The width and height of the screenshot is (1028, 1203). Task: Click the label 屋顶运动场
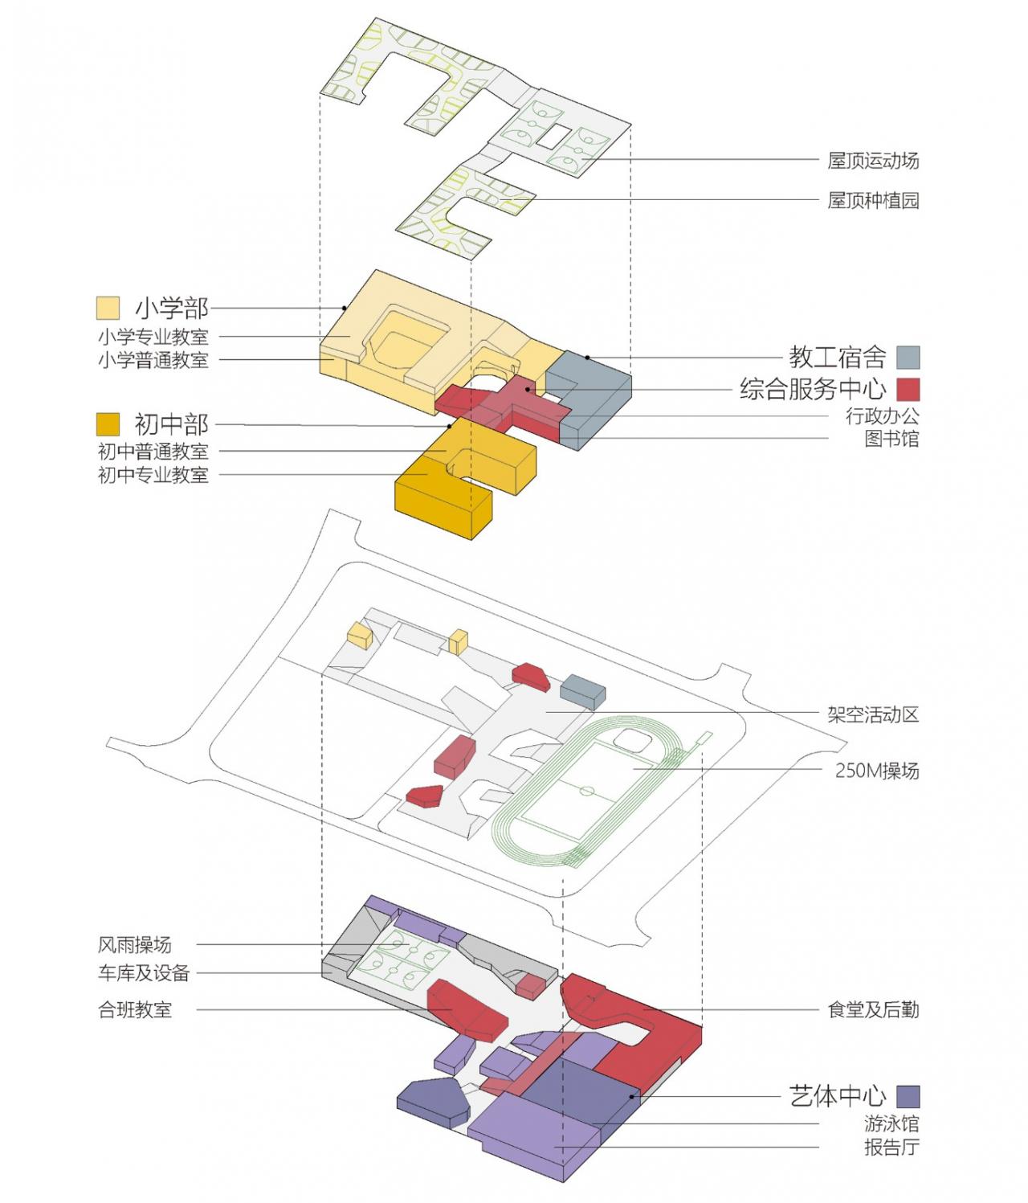(873, 161)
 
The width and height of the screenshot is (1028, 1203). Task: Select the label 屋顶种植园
(873, 200)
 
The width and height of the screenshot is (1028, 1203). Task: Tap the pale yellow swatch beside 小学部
(108, 308)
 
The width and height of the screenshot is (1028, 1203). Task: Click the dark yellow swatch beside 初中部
(108, 424)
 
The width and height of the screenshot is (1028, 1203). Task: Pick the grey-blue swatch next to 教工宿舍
(908, 357)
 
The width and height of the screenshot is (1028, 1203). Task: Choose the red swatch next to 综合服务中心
(908, 389)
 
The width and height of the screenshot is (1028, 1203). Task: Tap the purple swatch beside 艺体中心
(908, 1096)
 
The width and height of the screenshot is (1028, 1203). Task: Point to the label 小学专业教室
(153, 337)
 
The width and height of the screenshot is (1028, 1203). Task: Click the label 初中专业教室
(153, 475)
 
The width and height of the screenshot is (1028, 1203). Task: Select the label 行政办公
(882, 416)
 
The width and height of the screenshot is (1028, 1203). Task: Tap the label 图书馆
(891, 439)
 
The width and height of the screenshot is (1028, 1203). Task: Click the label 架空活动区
(873, 714)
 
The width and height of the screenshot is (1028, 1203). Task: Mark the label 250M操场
(876, 771)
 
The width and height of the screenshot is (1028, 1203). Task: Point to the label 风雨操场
(134, 945)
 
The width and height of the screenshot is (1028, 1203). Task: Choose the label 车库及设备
(144, 973)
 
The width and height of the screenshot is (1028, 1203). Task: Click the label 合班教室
(134, 1010)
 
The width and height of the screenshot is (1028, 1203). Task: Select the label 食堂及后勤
(873, 1010)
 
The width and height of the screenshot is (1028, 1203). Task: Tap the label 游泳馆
(891, 1123)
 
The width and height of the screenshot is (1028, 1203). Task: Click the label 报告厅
(891, 1147)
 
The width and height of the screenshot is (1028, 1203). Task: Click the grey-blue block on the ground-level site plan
(583, 690)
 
